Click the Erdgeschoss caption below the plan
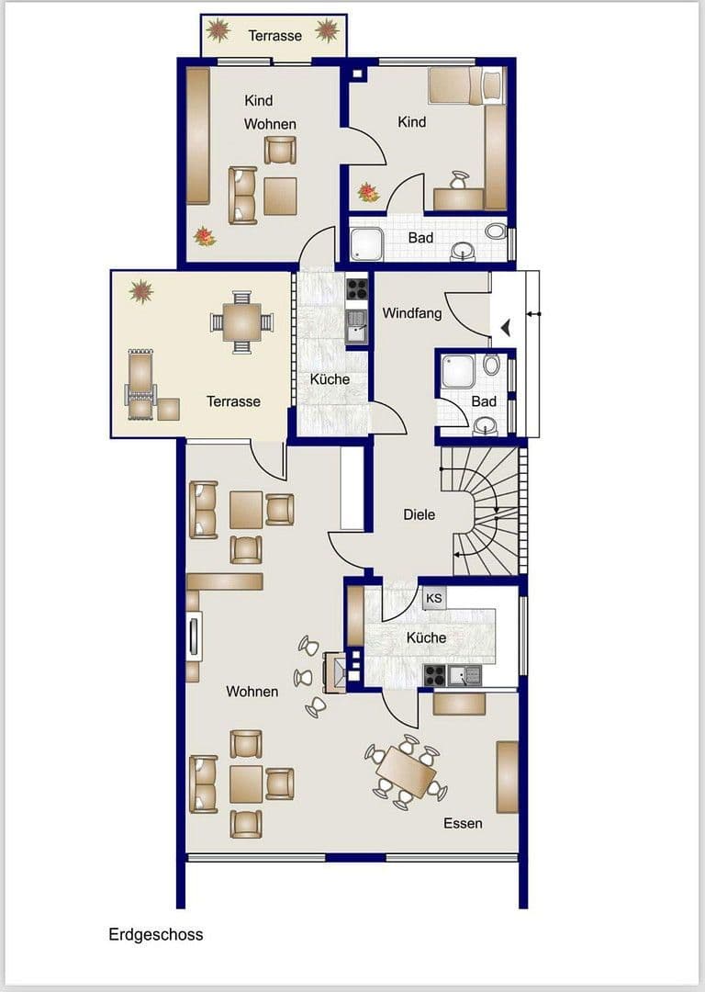[x=156, y=935]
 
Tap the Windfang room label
[x=412, y=313]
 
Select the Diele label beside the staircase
[x=420, y=514]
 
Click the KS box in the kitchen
[x=433, y=598]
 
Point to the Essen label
[x=463, y=823]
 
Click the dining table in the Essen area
[x=406, y=772]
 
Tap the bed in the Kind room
[x=465, y=85]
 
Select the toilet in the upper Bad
[x=496, y=231]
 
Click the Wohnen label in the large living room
[x=252, y=691]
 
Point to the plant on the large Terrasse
[x=140, y=292]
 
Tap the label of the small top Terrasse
[x=274, y=36]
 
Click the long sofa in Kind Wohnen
[x=198, y=135]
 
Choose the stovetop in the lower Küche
[x=434, y=677]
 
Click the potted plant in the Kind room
[x=368, y=192]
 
